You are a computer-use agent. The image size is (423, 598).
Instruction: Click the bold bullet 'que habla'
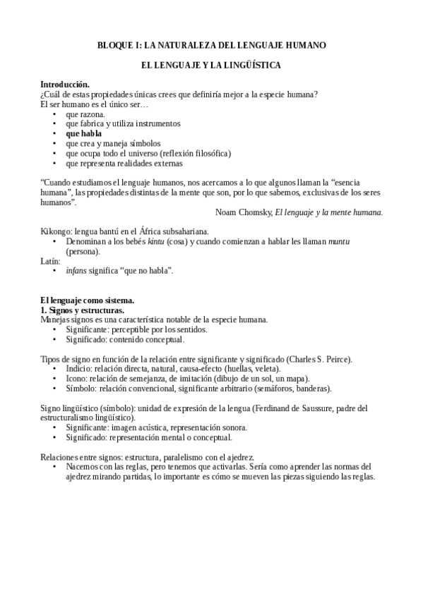tap(83, 133)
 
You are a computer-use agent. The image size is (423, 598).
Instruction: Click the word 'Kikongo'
tap(54, 231)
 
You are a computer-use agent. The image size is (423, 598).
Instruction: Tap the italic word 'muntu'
tap(339, 241)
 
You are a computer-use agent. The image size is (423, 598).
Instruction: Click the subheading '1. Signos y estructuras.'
tap(82, 310)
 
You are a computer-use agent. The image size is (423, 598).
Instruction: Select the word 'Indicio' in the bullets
tap(78, 368)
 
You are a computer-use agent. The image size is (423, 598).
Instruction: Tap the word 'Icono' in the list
tap(76, 378)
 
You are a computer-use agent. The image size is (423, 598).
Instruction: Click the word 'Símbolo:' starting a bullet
tap(82, 388)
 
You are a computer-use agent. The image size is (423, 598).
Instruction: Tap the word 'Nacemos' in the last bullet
tap(82, 466)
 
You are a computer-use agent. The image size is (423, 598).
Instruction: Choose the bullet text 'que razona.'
tap(85, 114)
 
